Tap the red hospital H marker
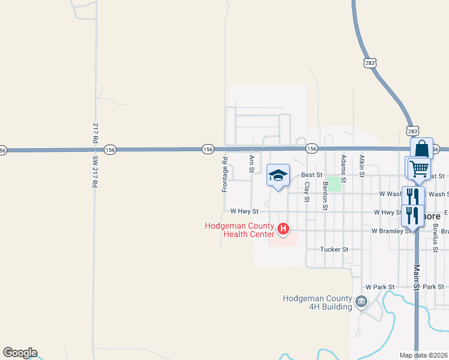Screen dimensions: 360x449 (283, 229)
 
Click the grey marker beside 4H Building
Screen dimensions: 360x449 (361, 301)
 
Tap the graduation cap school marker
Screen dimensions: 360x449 (278, 175)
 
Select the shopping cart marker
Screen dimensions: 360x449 (418, 167)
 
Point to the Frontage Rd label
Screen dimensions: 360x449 (225, 175)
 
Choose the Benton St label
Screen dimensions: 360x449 (325, 196)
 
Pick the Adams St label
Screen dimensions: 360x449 (343, 169)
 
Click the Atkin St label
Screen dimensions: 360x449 (362, 166)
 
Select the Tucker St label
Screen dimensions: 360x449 (334, 249)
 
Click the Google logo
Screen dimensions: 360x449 (20, 353)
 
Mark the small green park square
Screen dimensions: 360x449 (334, 184)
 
